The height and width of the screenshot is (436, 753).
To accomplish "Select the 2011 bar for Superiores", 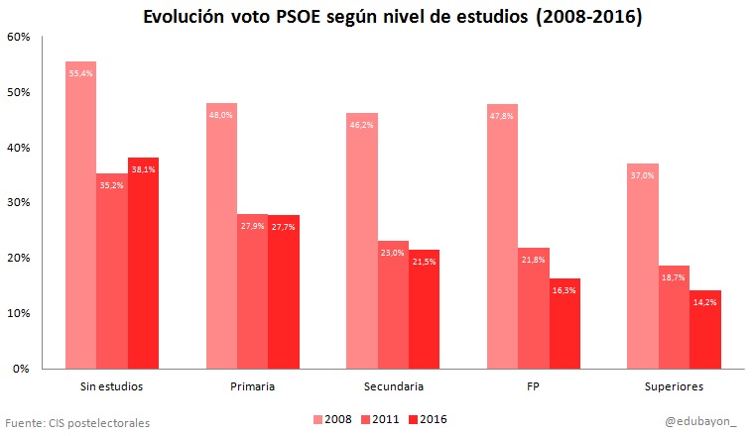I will (674, 317).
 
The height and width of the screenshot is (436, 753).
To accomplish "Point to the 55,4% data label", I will (80, 73).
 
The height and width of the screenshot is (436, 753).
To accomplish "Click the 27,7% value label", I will (283, 227).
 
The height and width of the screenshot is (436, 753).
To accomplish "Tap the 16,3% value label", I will (564, 290).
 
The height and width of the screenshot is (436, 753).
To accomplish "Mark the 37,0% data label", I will (642, 175).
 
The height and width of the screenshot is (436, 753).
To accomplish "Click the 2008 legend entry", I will (331, 420).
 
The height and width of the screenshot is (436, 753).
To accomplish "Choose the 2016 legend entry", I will (426, 420).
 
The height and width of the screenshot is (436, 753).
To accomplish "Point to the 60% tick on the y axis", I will (18, 37).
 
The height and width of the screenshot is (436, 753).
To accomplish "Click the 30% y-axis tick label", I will (18, 202).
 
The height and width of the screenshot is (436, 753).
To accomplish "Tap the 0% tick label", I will (21, 369).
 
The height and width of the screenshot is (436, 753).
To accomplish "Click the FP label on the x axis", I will (533, 385).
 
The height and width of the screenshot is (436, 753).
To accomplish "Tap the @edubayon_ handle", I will (700, 421).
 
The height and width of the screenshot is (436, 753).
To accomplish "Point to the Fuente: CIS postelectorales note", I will (78, 422).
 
